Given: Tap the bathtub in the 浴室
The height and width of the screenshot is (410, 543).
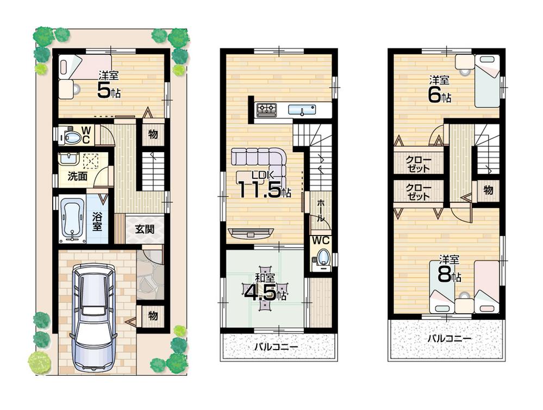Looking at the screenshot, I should pos(72,219).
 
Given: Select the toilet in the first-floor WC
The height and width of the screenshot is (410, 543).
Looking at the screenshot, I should pos(71,136).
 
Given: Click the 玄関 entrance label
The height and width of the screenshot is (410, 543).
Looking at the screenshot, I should pos(145,229).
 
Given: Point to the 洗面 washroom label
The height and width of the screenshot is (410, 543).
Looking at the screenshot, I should pos(78,176).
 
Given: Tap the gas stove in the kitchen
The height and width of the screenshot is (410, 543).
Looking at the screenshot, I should pos(266,109).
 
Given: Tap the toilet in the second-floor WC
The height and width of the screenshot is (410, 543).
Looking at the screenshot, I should pos(323,258).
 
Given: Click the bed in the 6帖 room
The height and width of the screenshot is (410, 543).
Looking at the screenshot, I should pos(487,82).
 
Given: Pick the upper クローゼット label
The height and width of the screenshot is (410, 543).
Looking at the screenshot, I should pos(419,163).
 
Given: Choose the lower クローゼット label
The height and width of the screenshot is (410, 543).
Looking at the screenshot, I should pos(419,192).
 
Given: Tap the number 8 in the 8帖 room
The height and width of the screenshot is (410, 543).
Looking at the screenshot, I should pos(444,275).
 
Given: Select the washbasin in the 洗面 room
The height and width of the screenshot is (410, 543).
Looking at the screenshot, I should pos(68,159).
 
